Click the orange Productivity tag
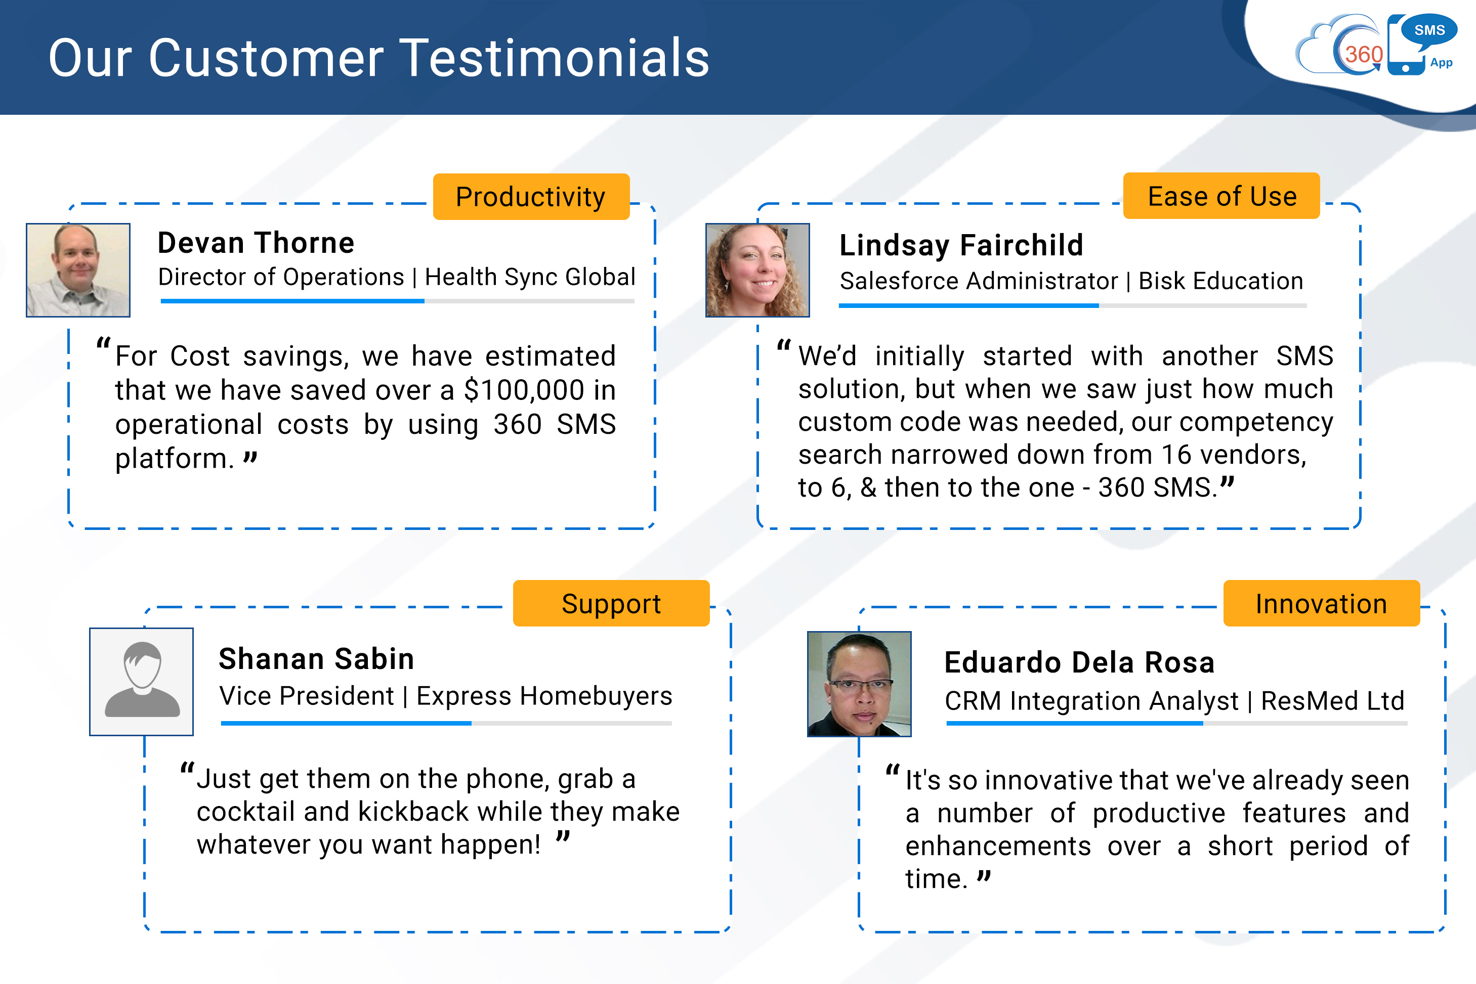(531, 196)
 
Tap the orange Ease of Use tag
(1221, 196)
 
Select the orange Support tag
(611, 603)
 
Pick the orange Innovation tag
(1322, 603)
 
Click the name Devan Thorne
(256, 243)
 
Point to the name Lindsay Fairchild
(961, 245)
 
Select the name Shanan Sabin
(316, 659)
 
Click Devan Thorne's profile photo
(78, 270)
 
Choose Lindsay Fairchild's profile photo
(758, 270)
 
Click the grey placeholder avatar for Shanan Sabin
(141, 682)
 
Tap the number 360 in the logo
(1364, 55)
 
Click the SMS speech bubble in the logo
(1429, 31)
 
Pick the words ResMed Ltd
(1333, 700)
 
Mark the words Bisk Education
(1221, 281)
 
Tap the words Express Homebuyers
(544, 696)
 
